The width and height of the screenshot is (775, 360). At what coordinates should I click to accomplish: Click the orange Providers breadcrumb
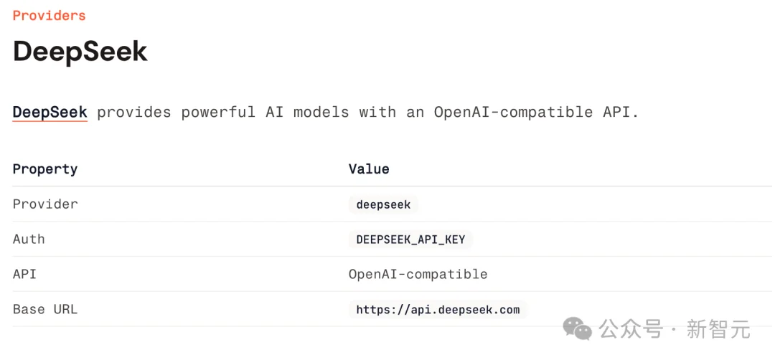tap(49, 16)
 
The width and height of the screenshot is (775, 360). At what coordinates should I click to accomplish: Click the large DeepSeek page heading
tap(80, 51)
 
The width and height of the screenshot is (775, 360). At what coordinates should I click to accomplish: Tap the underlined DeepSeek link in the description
tap(50, 112)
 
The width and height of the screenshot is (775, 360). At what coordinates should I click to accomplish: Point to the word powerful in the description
tap(218, 113)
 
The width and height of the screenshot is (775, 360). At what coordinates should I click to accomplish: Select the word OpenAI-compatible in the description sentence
tap(514, 113)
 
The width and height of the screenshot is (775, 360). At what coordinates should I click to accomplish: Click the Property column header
tap(45, 169)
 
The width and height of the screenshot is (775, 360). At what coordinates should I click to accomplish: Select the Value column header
tap(369, 169)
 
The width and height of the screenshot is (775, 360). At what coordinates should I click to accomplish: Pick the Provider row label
tap(45, 204)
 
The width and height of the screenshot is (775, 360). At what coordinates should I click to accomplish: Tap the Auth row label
tap(29, 239)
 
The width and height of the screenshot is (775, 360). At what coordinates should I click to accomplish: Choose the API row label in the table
tap(24, 274)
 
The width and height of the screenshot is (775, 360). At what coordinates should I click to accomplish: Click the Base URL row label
tap(45, 310)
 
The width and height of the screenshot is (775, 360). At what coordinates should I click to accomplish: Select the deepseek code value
tap(383, 204)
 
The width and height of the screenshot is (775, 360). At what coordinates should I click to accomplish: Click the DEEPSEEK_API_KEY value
tap(410, 240)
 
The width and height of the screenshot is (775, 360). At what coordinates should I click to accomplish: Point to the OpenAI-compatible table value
tap(418, 274)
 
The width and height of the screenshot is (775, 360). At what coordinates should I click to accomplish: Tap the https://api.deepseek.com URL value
tap(438, 310)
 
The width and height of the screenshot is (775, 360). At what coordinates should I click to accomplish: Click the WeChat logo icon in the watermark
tap(578, 328)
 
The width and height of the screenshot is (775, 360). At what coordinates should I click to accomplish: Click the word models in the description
tap(321, 112)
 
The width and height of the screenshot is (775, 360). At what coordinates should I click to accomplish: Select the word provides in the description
tap(133, 113)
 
